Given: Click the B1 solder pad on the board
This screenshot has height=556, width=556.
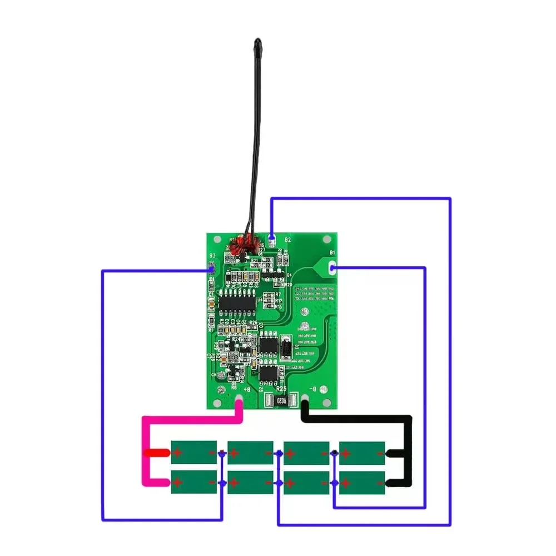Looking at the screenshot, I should [x=332, y=269].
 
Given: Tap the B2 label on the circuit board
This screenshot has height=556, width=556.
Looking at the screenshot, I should [x=287, y=240].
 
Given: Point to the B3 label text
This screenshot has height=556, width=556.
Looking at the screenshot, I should [x=212, y=256].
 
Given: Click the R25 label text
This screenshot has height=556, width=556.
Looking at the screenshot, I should [x=281, y=389].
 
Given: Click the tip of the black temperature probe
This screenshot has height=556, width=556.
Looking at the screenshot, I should [x=257, y=41].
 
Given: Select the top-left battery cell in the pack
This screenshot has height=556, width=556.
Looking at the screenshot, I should [x=193, y=452].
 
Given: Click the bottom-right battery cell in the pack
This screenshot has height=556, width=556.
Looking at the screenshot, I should [x=362, y=482].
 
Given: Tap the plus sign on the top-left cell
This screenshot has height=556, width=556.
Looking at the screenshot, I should [x=177, y=453].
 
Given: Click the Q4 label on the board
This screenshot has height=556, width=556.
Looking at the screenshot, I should [x=289, y=274].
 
